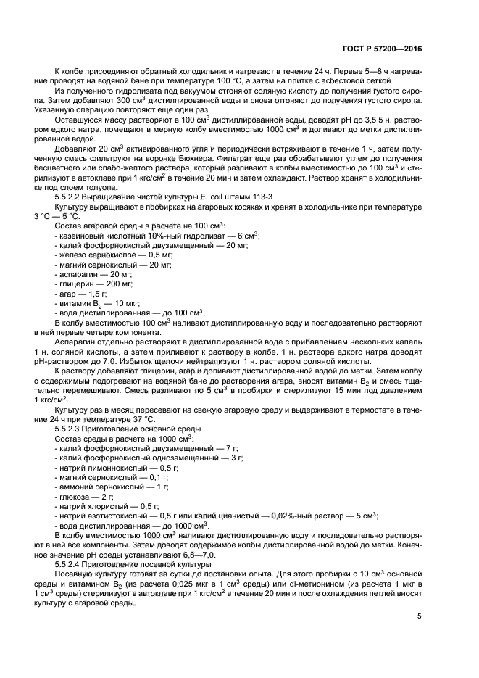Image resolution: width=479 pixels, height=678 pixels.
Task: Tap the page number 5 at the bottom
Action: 419,616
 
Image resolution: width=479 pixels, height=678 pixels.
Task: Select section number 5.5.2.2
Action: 71,197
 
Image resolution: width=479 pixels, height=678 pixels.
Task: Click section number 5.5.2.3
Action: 71,429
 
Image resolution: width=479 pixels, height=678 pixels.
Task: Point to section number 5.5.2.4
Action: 71,563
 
